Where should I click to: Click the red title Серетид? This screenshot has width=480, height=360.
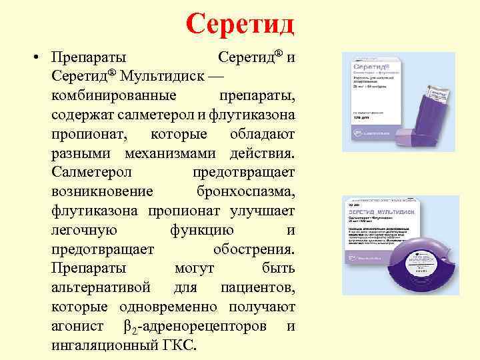coord(240,24)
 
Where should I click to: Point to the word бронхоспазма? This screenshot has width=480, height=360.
coord(245,191)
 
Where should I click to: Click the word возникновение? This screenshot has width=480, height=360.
coord(102,191)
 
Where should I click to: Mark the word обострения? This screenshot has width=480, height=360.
coord(253,249)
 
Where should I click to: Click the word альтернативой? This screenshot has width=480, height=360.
coord(101,288)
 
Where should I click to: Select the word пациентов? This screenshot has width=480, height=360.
coord(257,288)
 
